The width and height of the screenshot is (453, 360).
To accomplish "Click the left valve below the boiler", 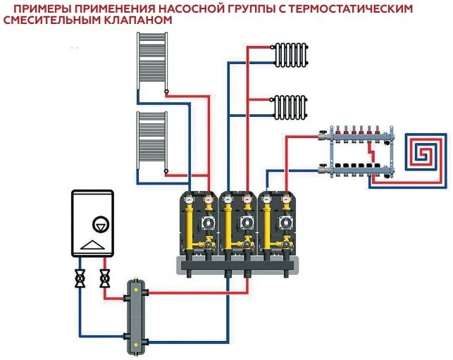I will (x=81, y=279).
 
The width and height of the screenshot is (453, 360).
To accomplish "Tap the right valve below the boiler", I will (x=106, y=279).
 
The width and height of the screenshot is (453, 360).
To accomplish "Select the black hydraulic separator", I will (x=135, y=310).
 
